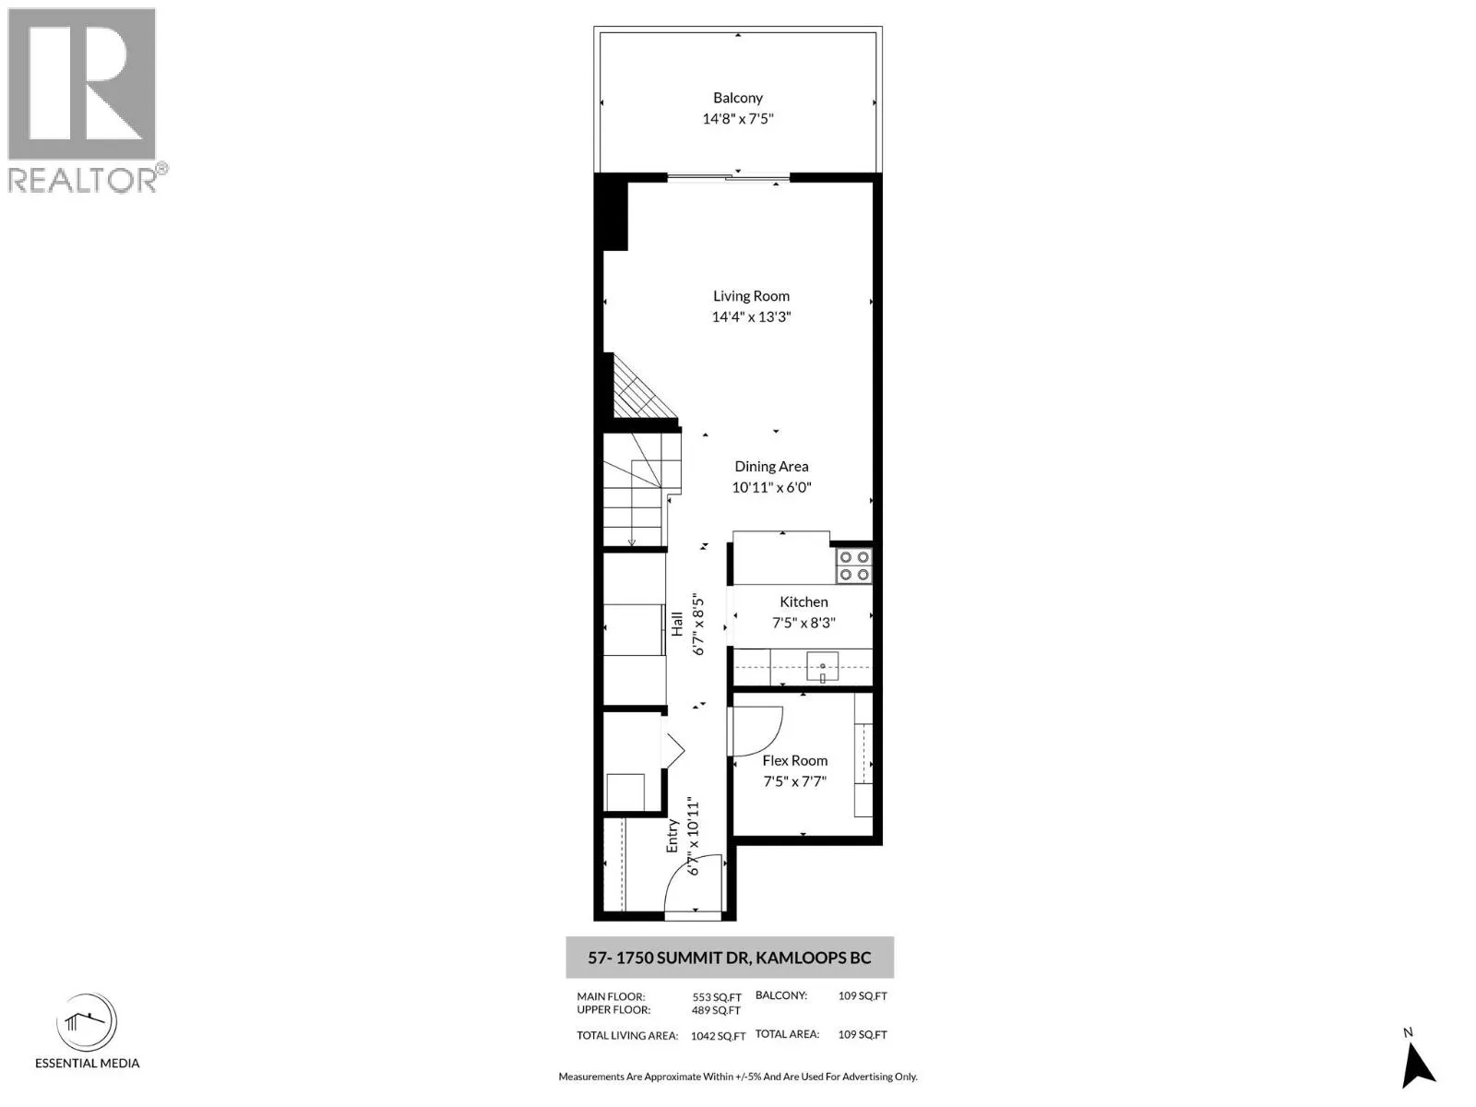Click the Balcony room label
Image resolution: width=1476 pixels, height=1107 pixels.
point(738,98)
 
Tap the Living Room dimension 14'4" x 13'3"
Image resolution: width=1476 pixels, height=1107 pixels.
point(751,316)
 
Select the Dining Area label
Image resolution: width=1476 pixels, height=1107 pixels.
point(771,467)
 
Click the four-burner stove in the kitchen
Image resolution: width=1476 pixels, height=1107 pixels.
point(853,565)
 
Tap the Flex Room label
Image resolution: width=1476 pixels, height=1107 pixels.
point(794,761)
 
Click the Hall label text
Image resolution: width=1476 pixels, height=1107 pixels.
point(677,624)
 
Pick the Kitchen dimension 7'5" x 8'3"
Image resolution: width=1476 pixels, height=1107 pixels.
point(803,623)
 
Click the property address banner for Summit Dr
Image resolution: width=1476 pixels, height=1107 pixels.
point(729,958)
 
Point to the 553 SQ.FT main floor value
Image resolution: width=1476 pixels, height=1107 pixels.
point(717,997)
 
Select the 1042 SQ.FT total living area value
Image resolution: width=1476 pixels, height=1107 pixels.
point(718,1036)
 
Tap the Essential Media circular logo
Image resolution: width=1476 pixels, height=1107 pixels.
point(87,1023)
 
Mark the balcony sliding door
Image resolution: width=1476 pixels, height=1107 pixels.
point(729,177)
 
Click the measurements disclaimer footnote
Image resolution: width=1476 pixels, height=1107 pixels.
point(737,1077)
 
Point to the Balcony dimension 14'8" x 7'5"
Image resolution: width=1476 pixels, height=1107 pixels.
point(738,119)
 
